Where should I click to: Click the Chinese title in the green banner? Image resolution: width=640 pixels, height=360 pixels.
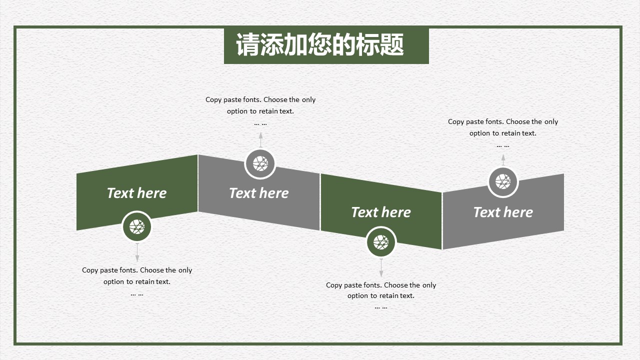click(319, 44)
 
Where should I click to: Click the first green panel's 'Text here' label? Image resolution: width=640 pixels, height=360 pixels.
click(137, 193)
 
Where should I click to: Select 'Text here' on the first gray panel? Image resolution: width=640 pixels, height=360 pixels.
click(259, 193)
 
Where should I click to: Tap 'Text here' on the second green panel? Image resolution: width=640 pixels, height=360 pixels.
click(381, 212)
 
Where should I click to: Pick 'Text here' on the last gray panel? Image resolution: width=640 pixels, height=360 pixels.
click(503, 212)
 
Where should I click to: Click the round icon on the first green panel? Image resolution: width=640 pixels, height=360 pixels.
click(137, 227)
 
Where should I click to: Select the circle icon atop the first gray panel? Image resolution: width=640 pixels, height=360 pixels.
click(260, 163)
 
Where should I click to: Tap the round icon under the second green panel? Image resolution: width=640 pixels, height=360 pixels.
click(381, 242)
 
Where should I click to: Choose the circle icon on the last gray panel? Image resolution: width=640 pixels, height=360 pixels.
click(503, 181)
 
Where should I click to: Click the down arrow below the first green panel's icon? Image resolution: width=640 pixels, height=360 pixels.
click(137, 252)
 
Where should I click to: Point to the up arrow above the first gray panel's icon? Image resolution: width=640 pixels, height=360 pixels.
click(260, 139)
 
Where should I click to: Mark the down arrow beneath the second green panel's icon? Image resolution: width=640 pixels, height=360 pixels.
click(381, 268)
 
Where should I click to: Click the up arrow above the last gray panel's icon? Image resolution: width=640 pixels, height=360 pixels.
click(503, 159)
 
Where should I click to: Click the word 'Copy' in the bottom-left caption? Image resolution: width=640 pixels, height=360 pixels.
click(90, 270)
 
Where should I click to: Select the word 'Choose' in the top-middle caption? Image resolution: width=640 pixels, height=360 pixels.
click(275, 99)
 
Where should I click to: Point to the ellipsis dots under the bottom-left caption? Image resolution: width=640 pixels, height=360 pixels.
click(137, 294)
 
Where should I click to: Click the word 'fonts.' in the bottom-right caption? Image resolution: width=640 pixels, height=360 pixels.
click(372, 285)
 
